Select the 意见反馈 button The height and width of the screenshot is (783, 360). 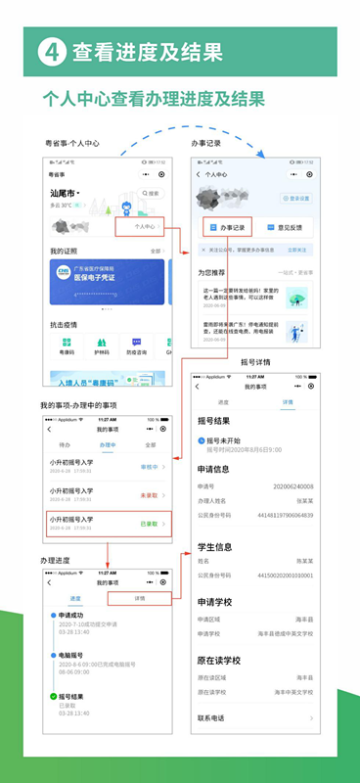pyautogui.click(x=284, y=227)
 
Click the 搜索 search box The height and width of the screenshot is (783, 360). pyautogui.click(x=150, y=193)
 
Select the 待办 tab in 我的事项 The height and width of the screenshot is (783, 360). pyautogui.click(x=65, y=417)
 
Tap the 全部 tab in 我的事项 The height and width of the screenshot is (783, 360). pyautogui.click(x=151, y=417)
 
